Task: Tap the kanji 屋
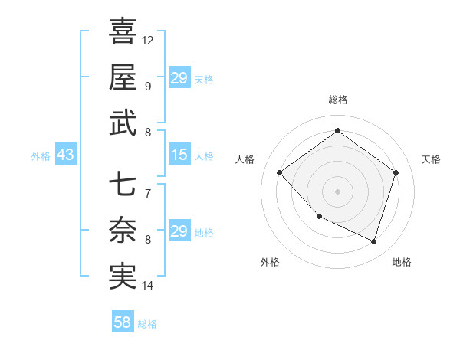click(123, 77)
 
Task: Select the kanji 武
click(123, 123)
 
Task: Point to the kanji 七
click(123, 184)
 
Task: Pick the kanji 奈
click(123, 231)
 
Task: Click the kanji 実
click(123, 277)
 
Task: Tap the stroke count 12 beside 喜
click(148, 40)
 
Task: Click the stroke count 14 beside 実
click(148, 286)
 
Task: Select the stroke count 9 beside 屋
click(148, 86)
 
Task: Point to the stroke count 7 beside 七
click(148, 193)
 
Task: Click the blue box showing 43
click(65, 155)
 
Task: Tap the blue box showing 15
click(179, 155)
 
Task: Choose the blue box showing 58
click(122, 322)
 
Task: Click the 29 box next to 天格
click(179, 78)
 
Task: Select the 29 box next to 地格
click(179, 231)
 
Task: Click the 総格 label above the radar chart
click(337, 100)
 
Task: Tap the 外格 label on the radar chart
click(270, 263)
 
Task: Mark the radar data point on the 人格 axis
click(280, 173)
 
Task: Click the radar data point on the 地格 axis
click(373, 241)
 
